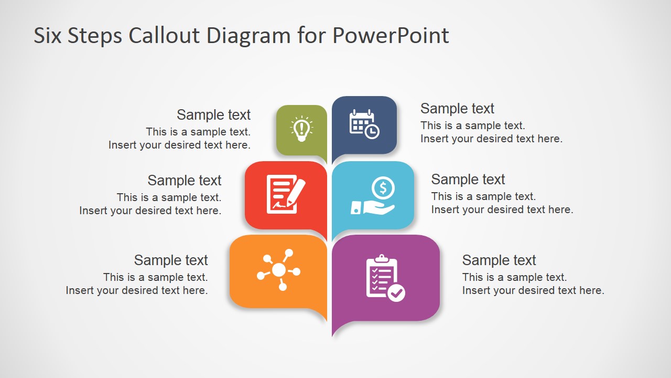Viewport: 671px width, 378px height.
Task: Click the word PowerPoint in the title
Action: [x=391, y=36]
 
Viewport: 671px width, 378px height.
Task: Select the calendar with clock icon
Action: [x=364, y=124]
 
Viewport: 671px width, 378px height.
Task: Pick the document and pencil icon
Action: [x=285, y=195]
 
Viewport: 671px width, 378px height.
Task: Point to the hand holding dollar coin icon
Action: [x=373, y=196]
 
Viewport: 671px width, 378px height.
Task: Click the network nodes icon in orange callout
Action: [x=278, y=270]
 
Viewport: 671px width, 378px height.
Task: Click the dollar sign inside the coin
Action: [x=383, y=187]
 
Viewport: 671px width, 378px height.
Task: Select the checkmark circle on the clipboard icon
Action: [x=397, y=292]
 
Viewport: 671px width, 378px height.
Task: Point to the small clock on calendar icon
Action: [x=372, y=131]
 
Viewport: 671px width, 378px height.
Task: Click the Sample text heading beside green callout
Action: [x=213, y=115]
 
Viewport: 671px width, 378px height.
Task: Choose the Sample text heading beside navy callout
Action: [x=457, y=109]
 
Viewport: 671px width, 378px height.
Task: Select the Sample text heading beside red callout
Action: [x=185, y=181]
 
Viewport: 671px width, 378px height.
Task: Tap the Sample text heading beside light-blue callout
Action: [x=468, y=180]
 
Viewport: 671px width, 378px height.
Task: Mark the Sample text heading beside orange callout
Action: [x=171, y=260]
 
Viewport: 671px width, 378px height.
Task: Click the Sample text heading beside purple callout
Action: [x=499, y=260]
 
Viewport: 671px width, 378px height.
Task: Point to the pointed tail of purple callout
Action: [x=335, y=331]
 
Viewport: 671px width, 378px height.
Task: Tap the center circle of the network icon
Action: [x=279, y=270]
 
